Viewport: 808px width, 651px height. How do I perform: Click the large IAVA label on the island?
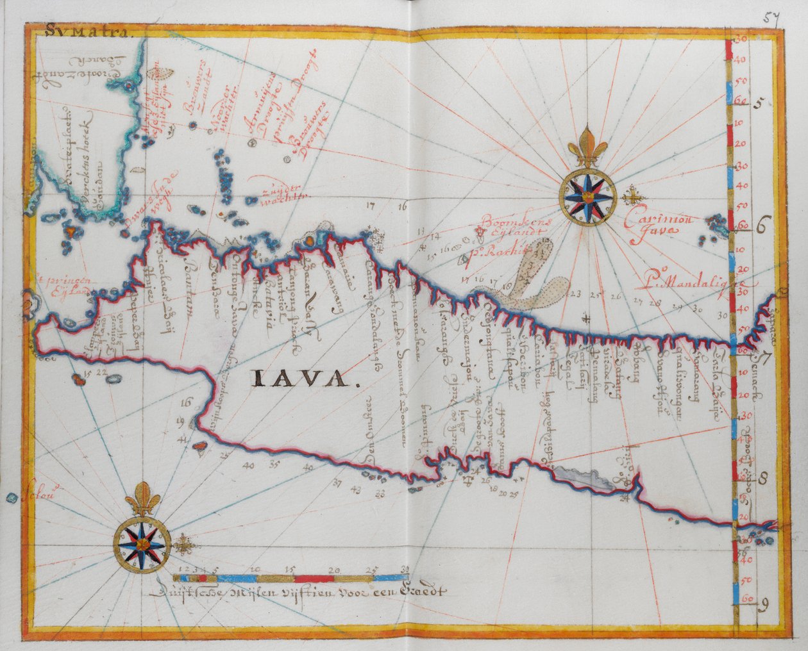[x=304, y=379]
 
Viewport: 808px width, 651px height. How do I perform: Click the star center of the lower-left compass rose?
[x=143, y=542]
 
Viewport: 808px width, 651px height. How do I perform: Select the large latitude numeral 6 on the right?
[x=762, y=226]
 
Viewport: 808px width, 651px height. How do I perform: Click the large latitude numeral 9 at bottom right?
[x=763, y=604]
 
